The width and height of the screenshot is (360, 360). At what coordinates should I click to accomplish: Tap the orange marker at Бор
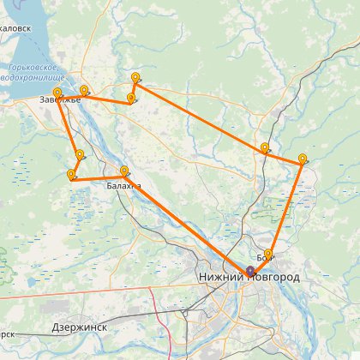(268, 255)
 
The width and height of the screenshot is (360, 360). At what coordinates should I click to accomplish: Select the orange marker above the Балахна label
(125, 171)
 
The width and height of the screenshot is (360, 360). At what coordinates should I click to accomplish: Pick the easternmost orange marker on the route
(303, 159)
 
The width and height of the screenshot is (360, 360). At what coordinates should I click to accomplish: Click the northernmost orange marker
(135, 79)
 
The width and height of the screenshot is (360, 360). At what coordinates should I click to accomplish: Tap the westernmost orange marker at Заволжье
(57, 93)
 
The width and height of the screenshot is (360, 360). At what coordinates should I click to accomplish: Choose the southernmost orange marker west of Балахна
(70, 175)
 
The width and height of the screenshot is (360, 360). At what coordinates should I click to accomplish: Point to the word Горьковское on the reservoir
(32, 67)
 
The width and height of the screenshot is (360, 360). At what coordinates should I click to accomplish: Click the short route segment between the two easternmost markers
(284, 156)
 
